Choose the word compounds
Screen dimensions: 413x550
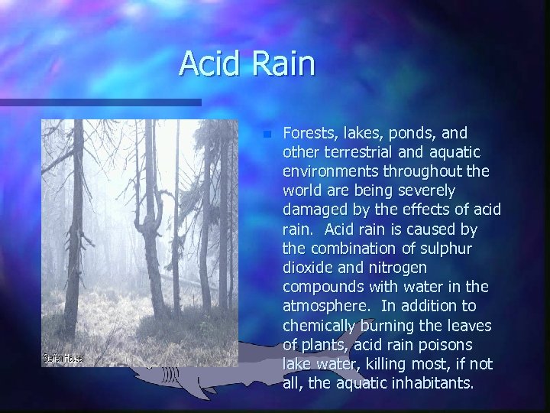point(322,287)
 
